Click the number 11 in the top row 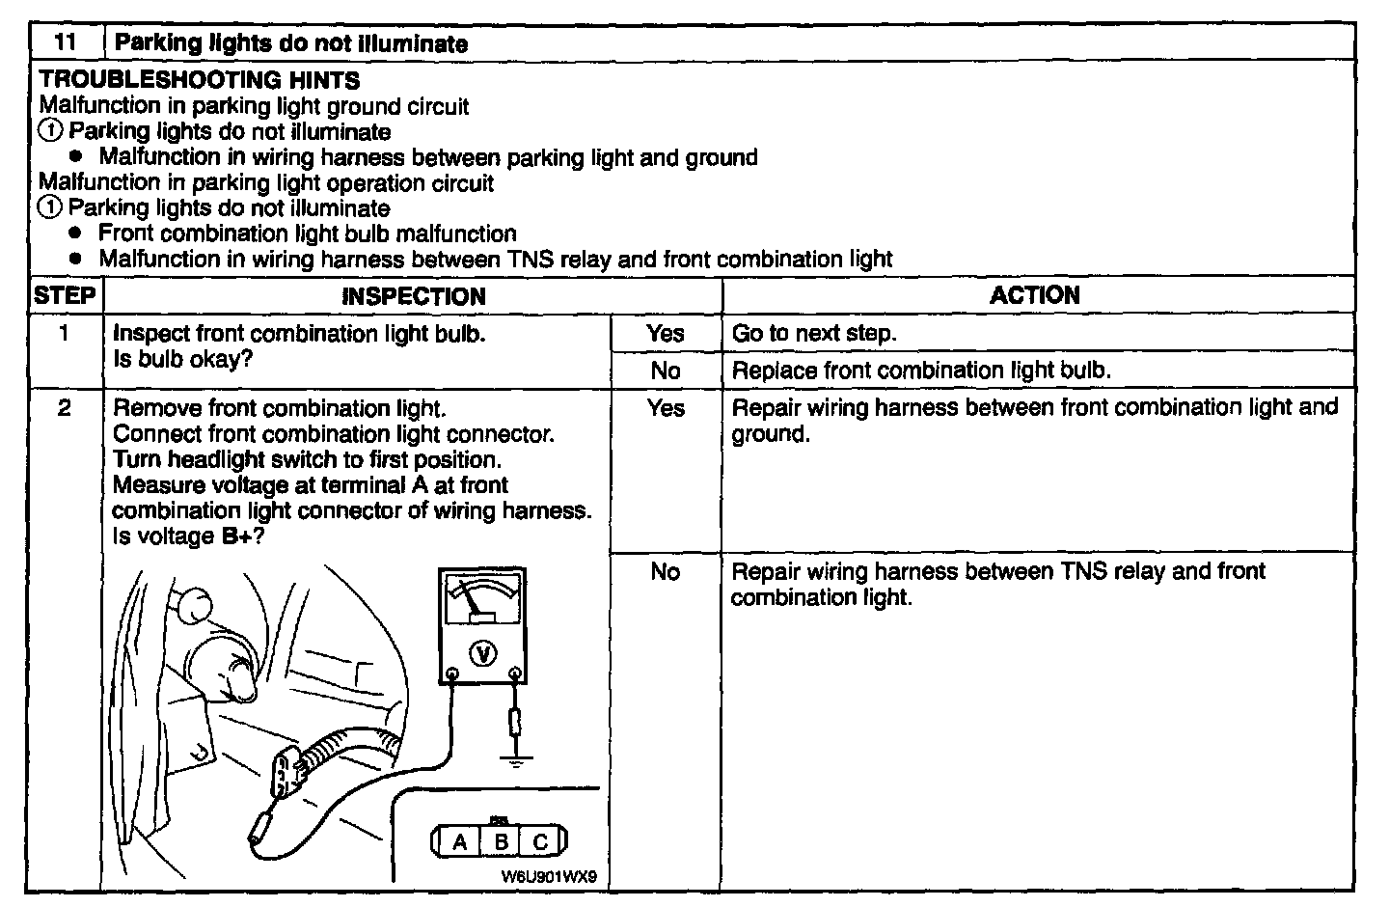pyautogui.click(x=65, y=42)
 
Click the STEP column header pyautogui.click(x=65, y=295)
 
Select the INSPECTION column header pyautogui.click(x=413, y=296)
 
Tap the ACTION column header pyautogui.click(x=1035, y=295)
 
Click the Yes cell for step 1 pyautogui.click(x=666, y=334)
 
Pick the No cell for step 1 pyautogui.click(x=666, y=371)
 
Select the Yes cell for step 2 pyautogui.click(x=666, y=408)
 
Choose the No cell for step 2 pyautogui.click(x=666, y=571)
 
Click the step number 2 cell pyautogui.click(x=65, y=408)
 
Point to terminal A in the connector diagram pyautogui.click(x=460, y=842)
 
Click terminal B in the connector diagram pyautogui.click(x=501, y=842)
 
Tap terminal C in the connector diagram pyautogui.click(x=540, y=842)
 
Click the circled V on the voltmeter pyautogui.click(x=482, y=654)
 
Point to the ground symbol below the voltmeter pyautogui.click(x=517, y=761)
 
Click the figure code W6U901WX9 pyautogui.click(x=549, y=878)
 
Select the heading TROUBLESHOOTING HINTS pyautogui.click(x=200, y=80)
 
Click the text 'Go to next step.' pyautogui.click(x=814, y=334)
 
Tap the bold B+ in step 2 pyautogui.click(x=237, y=536)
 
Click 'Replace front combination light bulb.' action pyautogui.click(x=921, y=371)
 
